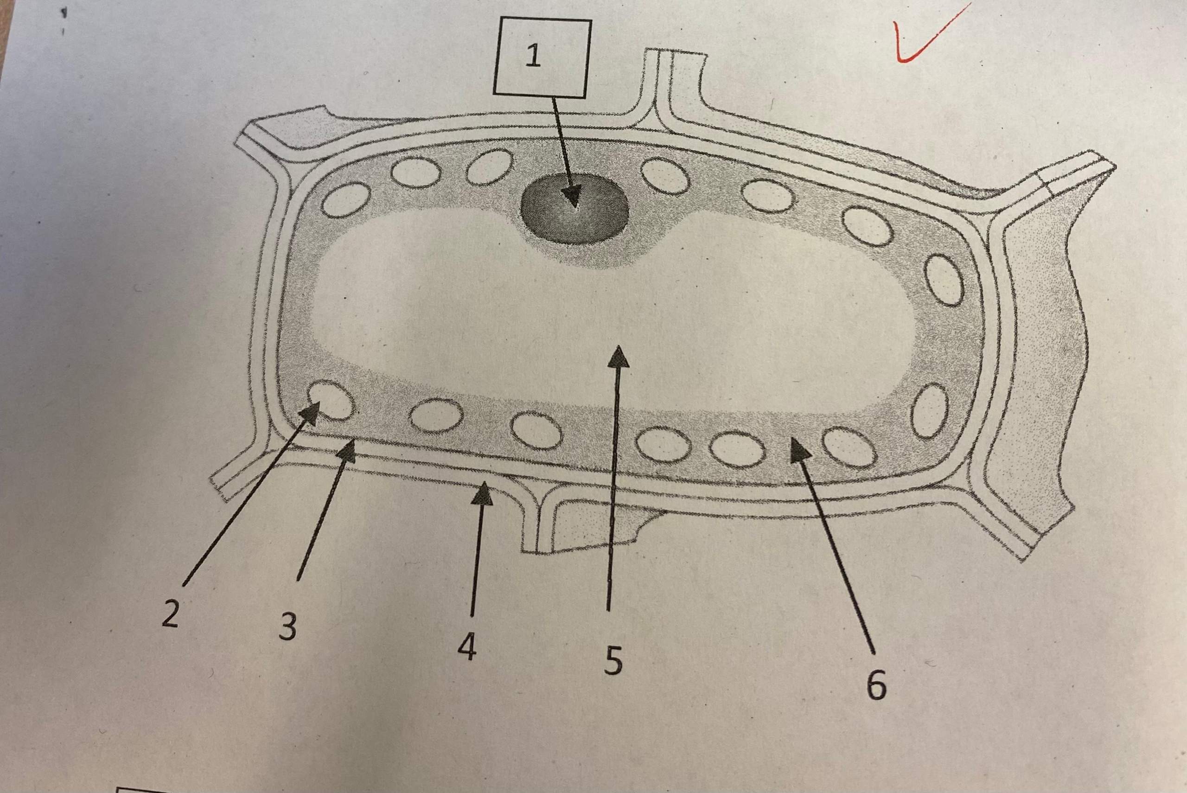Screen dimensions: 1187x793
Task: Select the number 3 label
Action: tap(287, 627)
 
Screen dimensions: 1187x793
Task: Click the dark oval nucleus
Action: tap(575, 209)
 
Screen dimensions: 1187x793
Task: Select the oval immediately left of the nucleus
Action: tap(489, 167)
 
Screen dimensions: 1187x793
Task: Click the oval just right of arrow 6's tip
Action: tap(850, 447)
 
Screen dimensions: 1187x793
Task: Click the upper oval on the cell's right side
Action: tap(944, 279)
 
